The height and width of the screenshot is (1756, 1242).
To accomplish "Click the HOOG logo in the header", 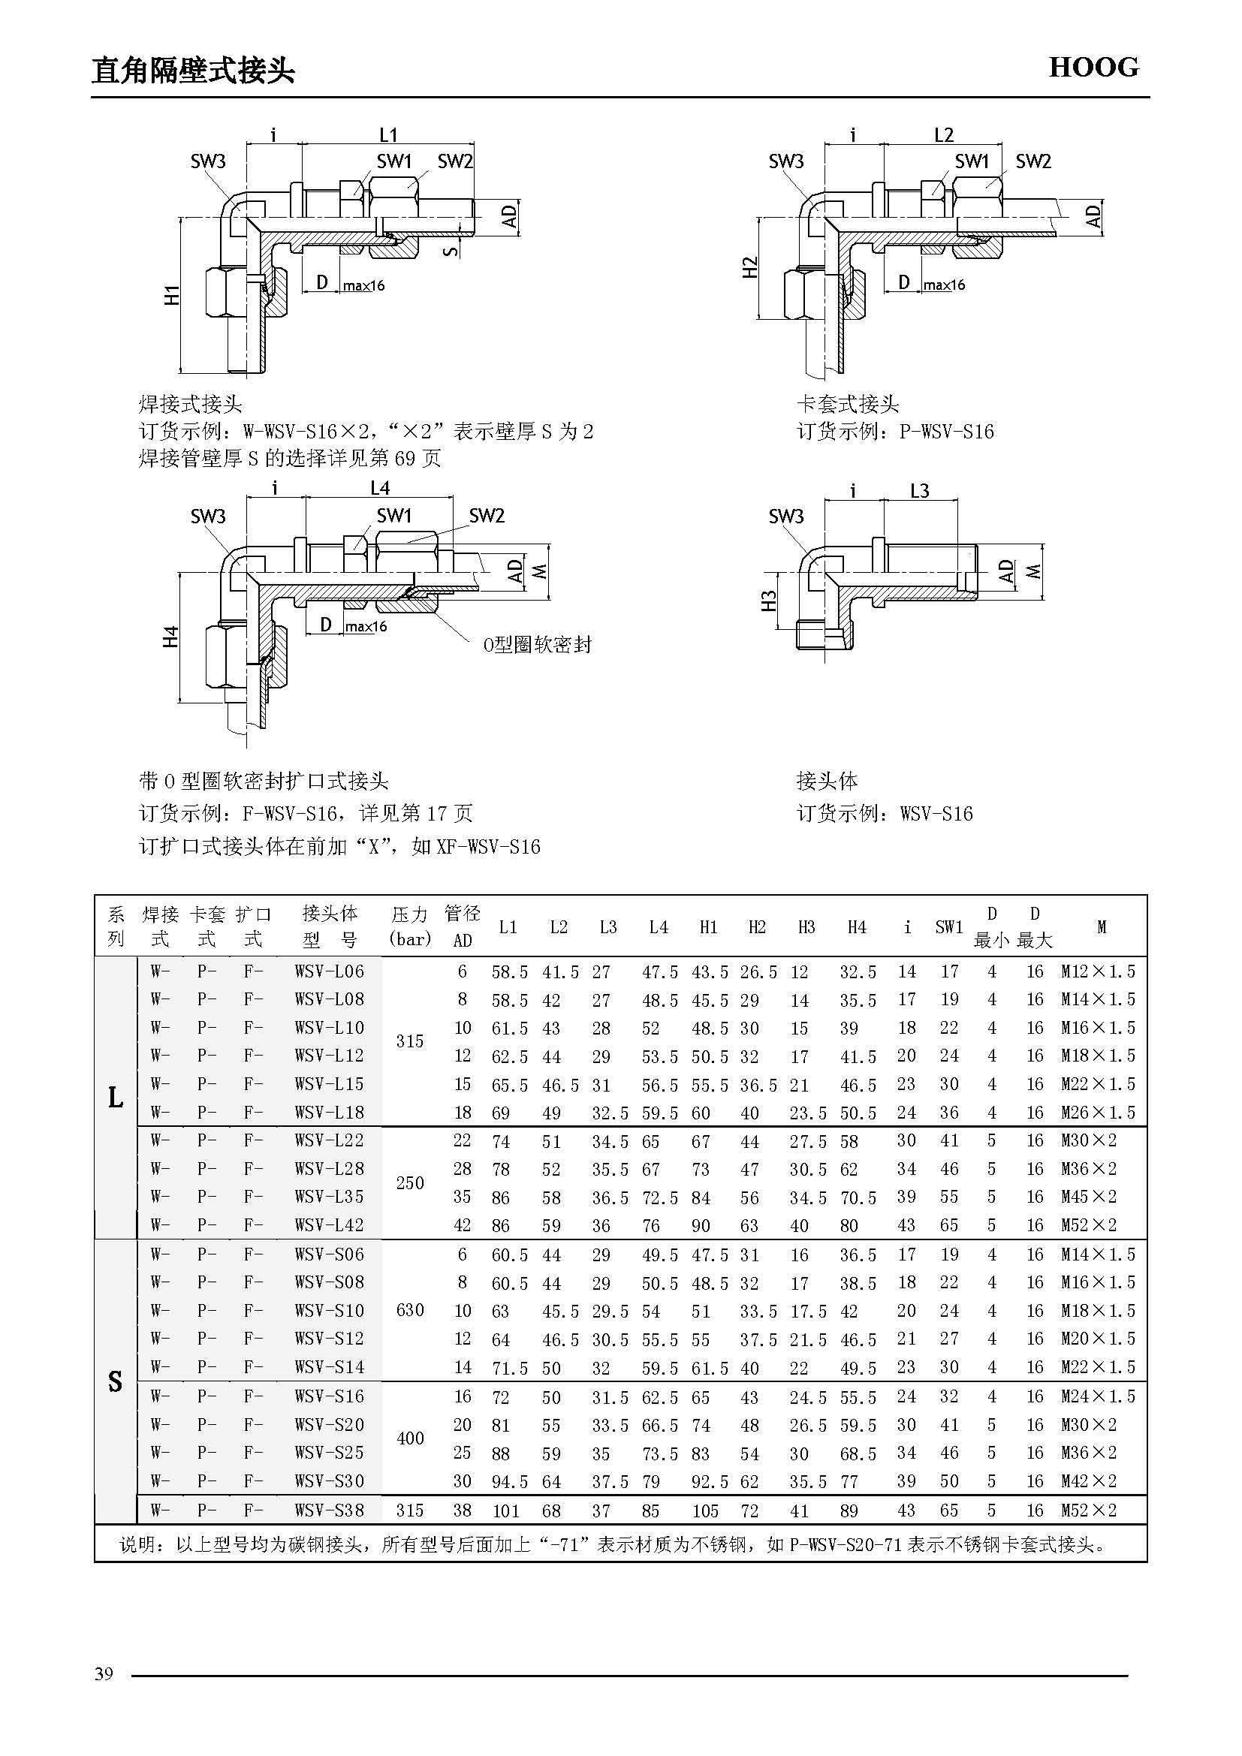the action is [x=1093, y=68].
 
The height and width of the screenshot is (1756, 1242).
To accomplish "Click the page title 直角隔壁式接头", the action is [x=193, y=71].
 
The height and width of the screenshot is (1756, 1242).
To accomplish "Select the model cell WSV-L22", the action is [x=330, y=1140].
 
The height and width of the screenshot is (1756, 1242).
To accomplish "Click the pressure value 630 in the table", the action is [x=410, y=1310].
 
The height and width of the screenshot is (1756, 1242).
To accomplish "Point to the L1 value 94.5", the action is [x=509, y=1481].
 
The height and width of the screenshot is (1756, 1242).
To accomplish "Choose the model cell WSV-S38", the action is [x=330, y=1511].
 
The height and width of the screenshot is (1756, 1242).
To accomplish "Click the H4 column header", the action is [x=857, y=927].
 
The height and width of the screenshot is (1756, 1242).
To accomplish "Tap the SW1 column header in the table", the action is [x=949, y=927].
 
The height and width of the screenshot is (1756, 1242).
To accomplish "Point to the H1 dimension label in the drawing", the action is [x=173, y=294].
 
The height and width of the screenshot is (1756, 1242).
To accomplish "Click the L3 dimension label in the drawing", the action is [x=919, y=490].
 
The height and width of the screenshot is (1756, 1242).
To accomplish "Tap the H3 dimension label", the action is [x=769, y=601].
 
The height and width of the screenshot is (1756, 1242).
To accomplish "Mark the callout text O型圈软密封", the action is [x=538, y=645].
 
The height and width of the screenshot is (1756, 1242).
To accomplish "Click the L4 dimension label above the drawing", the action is [x=380, y=488].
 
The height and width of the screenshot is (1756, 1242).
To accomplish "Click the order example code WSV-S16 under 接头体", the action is [x=936, y=813].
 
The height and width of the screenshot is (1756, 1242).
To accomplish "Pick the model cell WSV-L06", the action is [x=330, y=971].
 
